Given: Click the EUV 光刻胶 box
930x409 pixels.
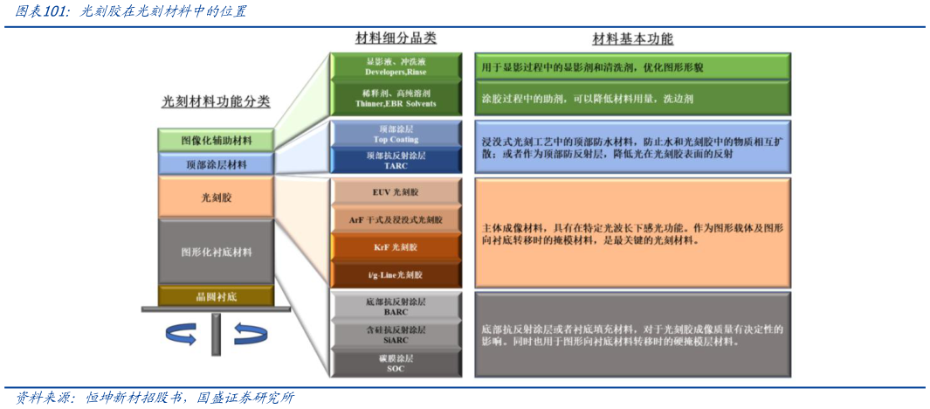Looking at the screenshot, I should coord(395,192).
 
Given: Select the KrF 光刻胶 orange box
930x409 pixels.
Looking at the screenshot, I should coord(395,247).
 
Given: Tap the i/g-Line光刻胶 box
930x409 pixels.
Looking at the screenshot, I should coord(395,274).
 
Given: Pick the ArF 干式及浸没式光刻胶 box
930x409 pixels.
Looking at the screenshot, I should coord(395,219).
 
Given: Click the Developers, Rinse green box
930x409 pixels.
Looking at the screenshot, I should coord(395,67).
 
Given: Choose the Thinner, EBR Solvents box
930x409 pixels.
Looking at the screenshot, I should coord(395,97).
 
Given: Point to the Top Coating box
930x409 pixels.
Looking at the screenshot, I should coord(395,135).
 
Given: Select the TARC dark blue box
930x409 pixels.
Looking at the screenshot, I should coord(395,160).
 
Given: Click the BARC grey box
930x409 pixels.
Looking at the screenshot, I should coord(395,306).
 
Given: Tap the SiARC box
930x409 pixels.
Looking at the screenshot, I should coord(395,334).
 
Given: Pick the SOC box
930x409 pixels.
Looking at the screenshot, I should coord(395,363).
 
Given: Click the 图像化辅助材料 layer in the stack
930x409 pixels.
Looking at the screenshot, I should coord(217,140).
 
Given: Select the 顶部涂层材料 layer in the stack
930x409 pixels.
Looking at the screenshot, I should coord(217,163).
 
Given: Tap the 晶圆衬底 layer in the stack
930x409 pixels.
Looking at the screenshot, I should coord(217,296).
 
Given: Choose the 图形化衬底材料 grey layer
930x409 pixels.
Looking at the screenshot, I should coord(217,252).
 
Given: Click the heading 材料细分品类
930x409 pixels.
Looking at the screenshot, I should coord(396,38).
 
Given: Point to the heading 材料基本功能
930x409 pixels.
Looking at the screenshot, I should coord(633,39).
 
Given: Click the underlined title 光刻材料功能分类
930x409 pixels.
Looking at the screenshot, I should coord(217,101).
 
